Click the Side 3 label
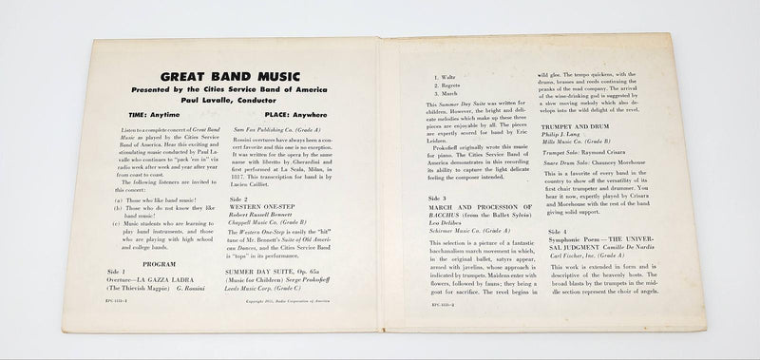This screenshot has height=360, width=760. click(x=433, y=198)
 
